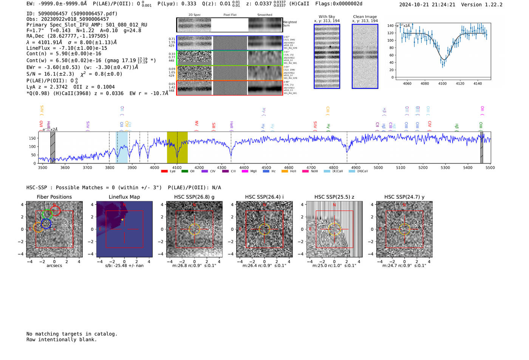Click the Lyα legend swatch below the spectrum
164,171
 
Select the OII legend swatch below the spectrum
184,171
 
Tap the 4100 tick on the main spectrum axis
177,167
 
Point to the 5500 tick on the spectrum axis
490,167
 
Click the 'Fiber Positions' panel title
54,197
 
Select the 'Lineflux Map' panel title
124,197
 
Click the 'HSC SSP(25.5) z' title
334,197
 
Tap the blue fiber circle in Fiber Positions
46,224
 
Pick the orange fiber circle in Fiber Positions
38,227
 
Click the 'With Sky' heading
327,17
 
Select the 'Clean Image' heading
365,17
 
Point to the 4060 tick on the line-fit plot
407,83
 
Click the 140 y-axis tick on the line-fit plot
390,26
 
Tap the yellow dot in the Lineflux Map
122,219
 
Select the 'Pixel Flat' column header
230,15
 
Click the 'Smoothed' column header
264,15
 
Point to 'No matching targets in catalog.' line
72,334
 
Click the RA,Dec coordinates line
67,36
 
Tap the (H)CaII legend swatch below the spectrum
352,171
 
